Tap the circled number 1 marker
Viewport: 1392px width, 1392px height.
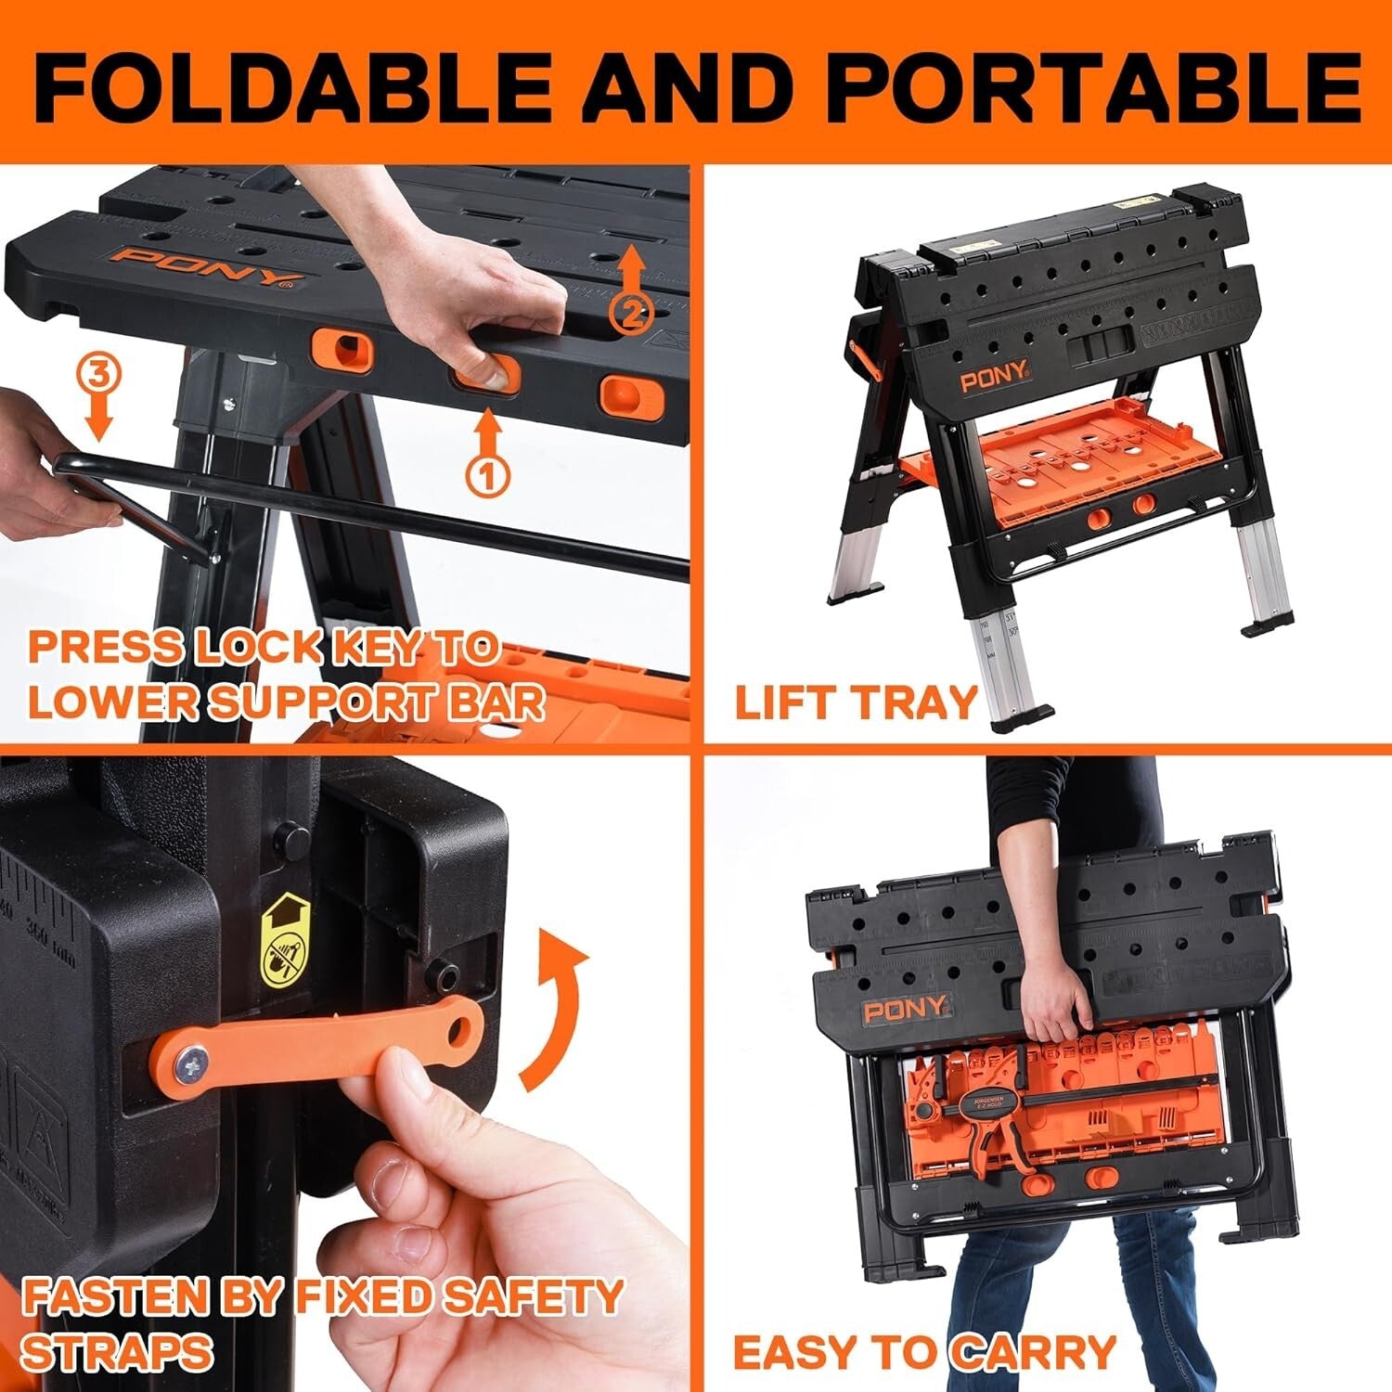pyautogui.click(x=489, y=476)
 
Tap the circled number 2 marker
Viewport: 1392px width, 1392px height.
pyautogui.click(x=630, y=313)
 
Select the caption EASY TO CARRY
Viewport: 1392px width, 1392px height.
pyautogui.click(x=924, y=1351)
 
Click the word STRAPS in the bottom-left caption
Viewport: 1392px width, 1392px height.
pyautogui.click(x=117, y=1352)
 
